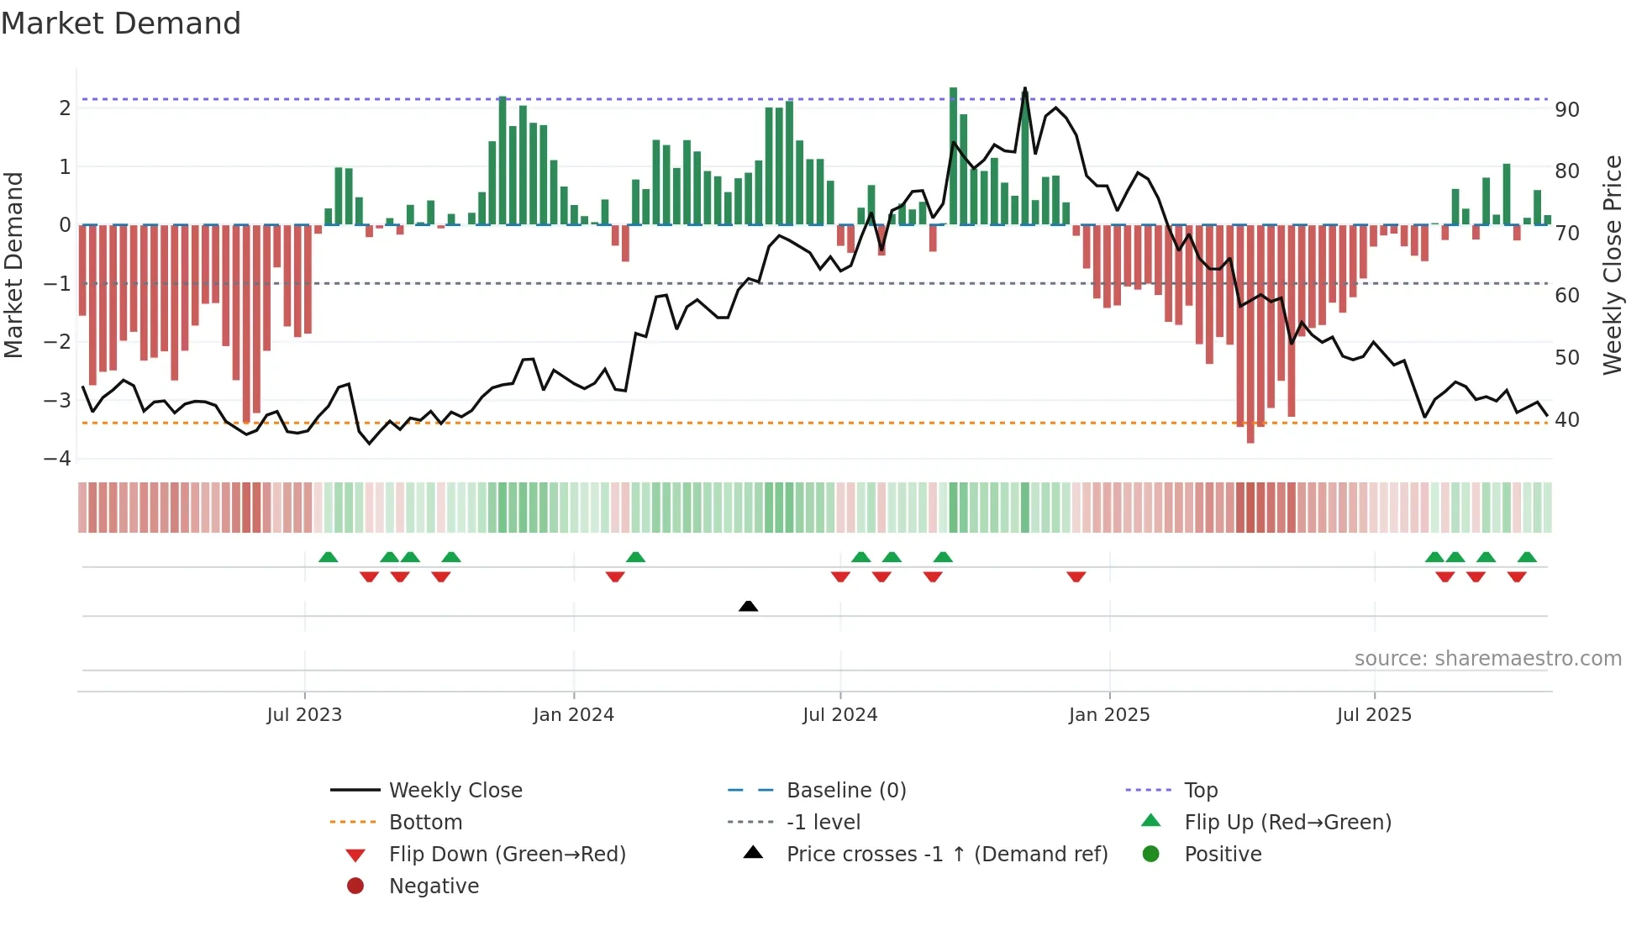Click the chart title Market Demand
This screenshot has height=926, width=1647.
tap(121, 23)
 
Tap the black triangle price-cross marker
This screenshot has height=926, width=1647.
tap(748, 606)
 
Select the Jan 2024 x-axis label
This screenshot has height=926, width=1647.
tap(573, 715)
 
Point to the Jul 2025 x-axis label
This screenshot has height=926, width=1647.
tap(1374, 715)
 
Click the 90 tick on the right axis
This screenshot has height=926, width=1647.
tap(1566, 110)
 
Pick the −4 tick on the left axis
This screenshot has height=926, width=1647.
tap(57, 459)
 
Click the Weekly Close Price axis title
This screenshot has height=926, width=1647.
tap(1612, 265)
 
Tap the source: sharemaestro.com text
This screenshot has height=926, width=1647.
tap(1487, 658)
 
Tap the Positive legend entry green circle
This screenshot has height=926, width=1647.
tap(1151, 854)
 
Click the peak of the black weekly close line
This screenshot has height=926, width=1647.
tap(1025, 88)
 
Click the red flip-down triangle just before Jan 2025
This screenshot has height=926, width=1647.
tap(1076, 576)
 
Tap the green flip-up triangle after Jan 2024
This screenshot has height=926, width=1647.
tap(635, 556)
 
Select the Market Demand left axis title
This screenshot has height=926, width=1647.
tap(13, 265)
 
